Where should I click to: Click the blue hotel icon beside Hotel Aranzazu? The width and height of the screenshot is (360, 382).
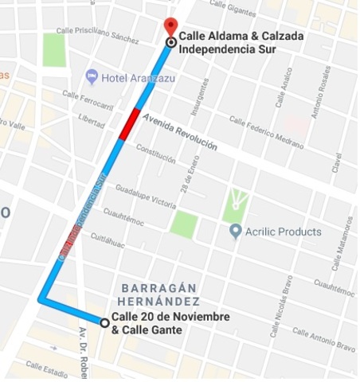point(92,76)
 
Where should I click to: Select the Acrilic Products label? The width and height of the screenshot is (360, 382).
point(283,232)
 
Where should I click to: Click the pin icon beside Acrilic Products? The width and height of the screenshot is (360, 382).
point(235,232)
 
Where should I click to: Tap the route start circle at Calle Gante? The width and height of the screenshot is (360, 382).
point(104,322)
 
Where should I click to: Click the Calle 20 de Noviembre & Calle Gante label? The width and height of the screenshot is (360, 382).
point(170,322)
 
